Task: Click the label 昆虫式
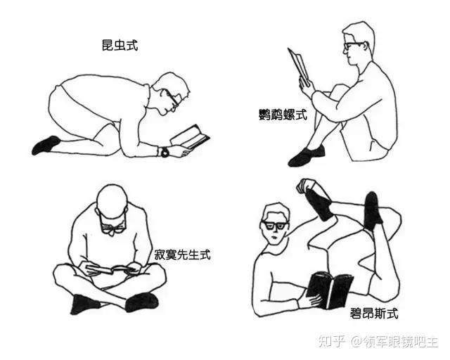point(120,46)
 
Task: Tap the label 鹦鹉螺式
point(283,115)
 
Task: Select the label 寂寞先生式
point(183,255)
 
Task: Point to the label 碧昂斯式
point(374,313)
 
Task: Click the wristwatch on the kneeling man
point(165,152)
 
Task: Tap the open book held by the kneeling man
point(190,137)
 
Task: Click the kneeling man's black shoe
point(46,145)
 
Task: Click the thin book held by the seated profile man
point(299,67)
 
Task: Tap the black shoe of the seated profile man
point(307,155)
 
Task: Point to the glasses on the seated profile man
point(353,46)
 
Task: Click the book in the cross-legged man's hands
point(110,269)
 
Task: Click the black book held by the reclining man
point(330,290)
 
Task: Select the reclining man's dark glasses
point(274,225)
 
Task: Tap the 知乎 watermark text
point(330,341)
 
